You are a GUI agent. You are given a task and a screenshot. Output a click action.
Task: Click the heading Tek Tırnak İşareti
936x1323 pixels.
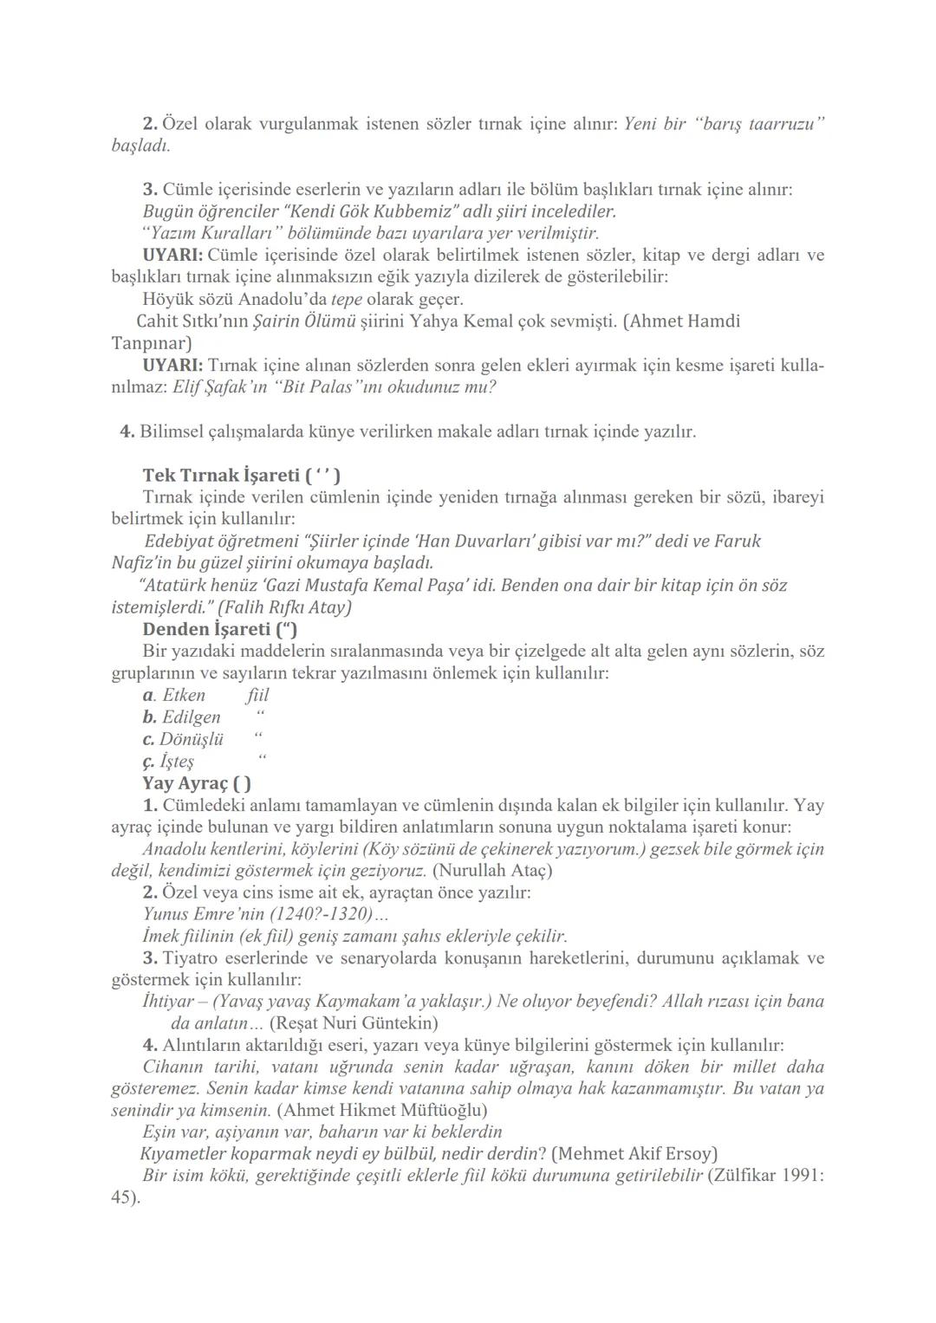241,475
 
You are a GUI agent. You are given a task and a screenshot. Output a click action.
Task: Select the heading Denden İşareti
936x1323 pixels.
220,629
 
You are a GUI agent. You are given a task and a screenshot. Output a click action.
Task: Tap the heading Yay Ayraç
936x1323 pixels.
197,783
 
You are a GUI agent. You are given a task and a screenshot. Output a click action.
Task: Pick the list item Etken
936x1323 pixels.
183,695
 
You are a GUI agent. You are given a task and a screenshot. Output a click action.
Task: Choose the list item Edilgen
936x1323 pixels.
191,717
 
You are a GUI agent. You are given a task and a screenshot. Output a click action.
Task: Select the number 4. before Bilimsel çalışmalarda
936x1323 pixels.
127,431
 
